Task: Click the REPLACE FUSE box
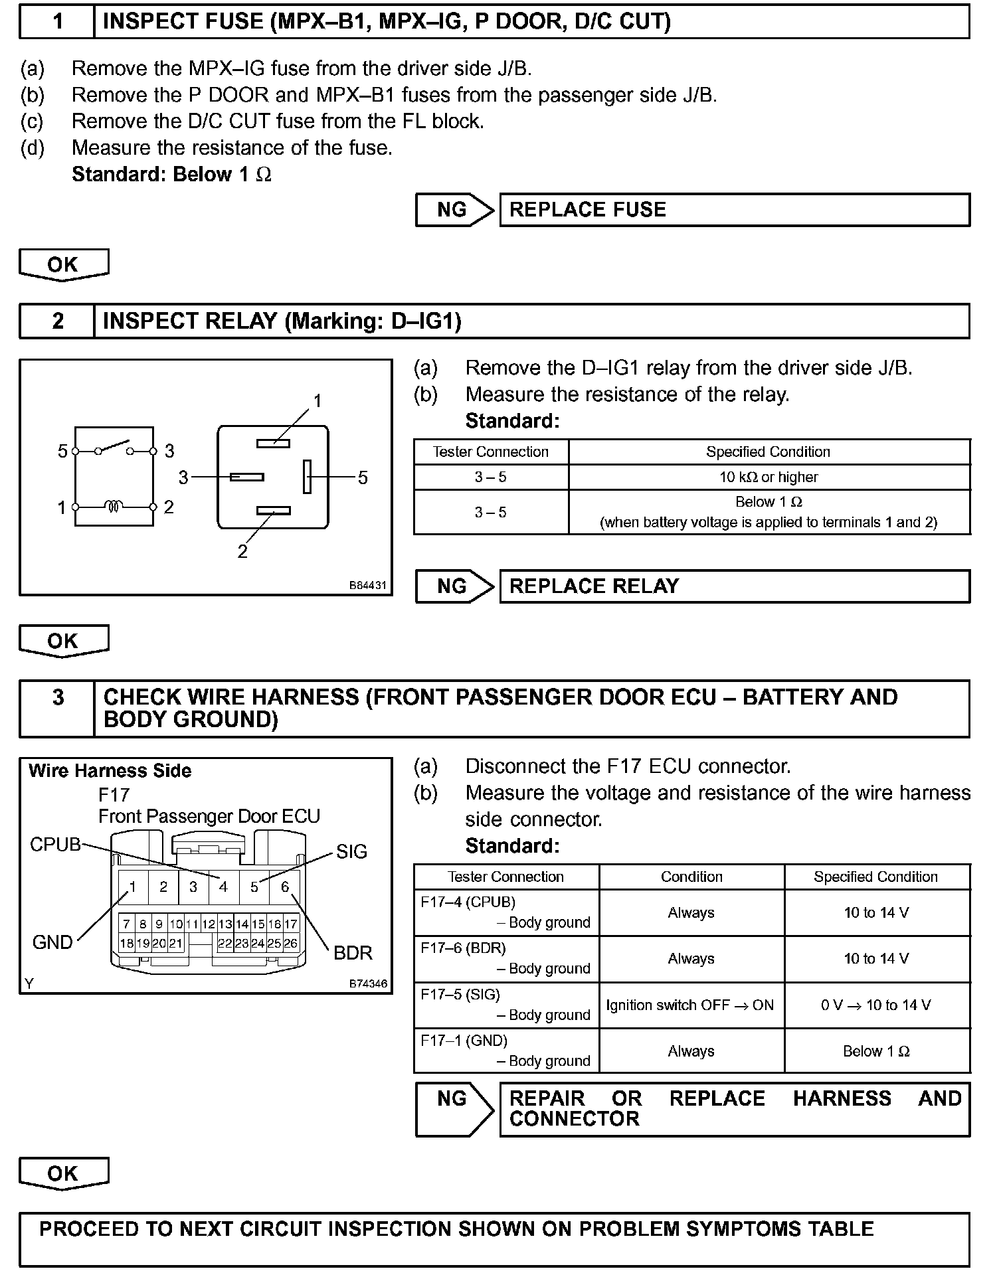[734, 210]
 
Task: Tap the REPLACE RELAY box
[734, 586]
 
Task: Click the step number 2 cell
[58, 321]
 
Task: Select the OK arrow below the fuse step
[64, 265]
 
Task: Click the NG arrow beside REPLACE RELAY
[454, 586]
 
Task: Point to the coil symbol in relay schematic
[114, 507]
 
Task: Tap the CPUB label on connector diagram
[55, 845]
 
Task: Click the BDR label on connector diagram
[353, 953]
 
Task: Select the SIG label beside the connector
[351, 852]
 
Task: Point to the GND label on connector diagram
[52, 942]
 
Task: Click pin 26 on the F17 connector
[290, 943]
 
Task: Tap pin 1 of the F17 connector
[133, 887]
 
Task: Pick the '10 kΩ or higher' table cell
[769, 477]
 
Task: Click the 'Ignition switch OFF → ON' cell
[691, 1005]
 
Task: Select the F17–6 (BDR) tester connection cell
[506, 959]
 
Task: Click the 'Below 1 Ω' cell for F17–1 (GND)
[876, 1051]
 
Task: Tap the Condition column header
[691, 877]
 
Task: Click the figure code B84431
[367, 586]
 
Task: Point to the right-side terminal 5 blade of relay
[307, 477]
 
